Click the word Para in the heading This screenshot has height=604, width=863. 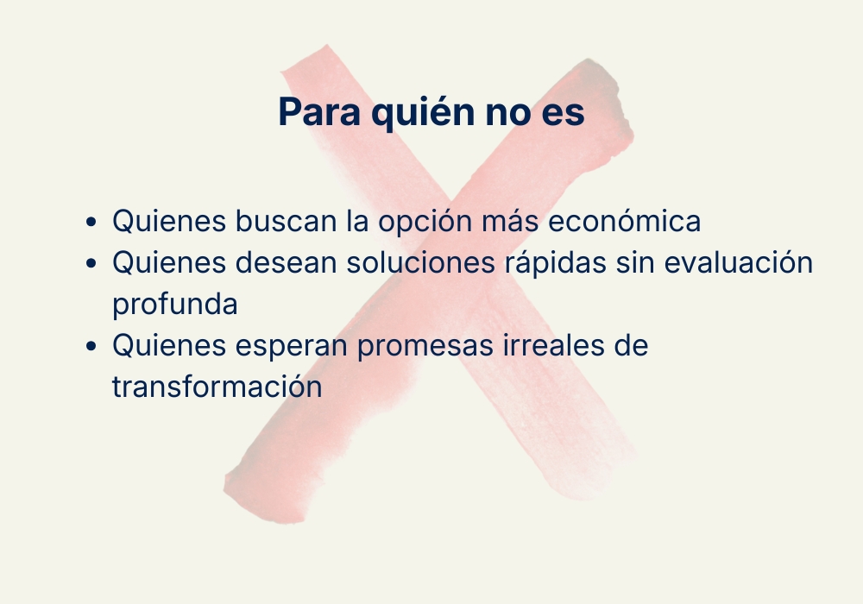(319, 111)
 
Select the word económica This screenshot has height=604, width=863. (624, 221)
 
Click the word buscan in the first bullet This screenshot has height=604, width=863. (286, 221)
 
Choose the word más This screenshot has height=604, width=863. (510, 221)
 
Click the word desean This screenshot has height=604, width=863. (286, 262)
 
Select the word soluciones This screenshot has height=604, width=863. (420, 262)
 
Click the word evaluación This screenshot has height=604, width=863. (739, 262)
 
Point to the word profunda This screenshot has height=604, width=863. (175, 305)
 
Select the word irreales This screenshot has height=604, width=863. (552, 345)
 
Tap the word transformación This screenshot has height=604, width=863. (217, 387)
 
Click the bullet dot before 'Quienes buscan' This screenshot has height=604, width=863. (91, 222)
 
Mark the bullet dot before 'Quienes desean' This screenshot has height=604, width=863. (91, 263)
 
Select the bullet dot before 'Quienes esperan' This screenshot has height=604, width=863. (91, 346)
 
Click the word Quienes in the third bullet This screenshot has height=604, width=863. (169, 345)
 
